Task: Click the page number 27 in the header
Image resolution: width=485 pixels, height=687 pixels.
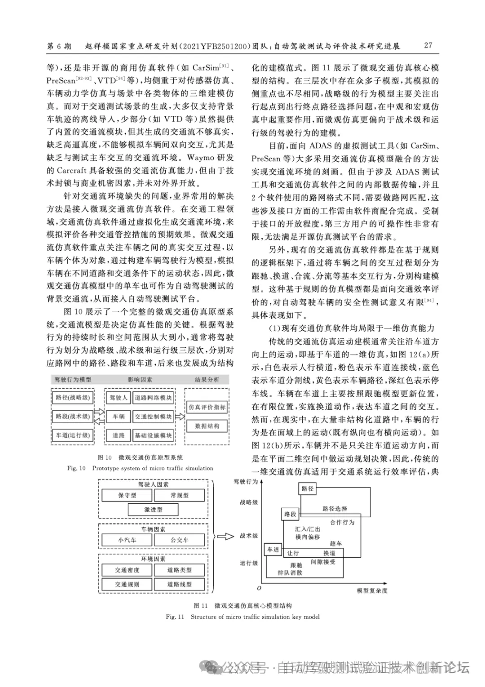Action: tap(428, 45)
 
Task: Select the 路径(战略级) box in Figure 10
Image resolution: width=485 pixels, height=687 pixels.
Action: tap(73, 398)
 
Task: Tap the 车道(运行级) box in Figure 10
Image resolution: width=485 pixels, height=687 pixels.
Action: tap(73, 435)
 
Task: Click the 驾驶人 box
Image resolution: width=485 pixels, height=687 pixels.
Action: tap(119, 398)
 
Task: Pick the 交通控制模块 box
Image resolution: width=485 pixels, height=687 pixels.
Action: tap(153, 417)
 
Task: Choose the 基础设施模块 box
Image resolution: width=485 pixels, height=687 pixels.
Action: tap(153, 435)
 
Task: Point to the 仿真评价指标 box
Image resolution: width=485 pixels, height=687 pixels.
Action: tap(207, 407)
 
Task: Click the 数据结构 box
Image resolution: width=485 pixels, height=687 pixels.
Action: tap(207, 426)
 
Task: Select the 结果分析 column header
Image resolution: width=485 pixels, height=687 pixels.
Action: tap(207, 380)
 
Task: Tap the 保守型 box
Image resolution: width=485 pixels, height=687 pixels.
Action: tap(127, 495)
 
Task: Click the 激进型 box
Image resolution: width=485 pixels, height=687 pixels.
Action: tap(153, 510)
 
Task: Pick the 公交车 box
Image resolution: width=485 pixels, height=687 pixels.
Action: tap(179, 540)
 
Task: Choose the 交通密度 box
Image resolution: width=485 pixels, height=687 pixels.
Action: tap(127, 570)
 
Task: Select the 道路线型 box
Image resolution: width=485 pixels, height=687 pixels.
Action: tap(179, 584)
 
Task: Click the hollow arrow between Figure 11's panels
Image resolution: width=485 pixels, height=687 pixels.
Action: tap(226, 536)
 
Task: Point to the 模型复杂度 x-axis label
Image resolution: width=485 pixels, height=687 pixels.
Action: tap(372, 590)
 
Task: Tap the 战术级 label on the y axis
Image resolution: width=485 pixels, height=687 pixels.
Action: tap(249, 536)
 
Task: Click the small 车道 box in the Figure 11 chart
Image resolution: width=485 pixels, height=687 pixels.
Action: tap(273, 549)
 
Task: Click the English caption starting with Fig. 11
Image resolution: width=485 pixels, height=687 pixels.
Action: tap(242, 617)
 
